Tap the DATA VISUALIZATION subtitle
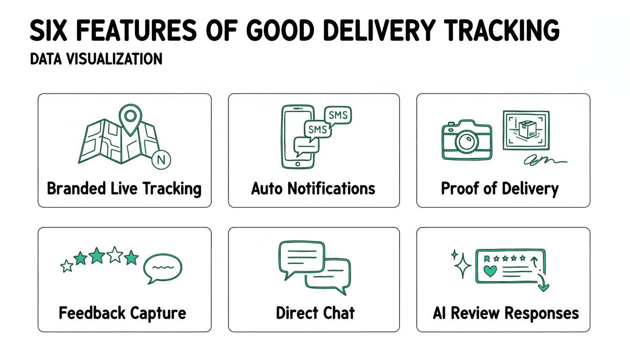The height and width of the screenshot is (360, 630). click(x=96, y=59)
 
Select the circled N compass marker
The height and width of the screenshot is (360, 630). click(x=162, y=159)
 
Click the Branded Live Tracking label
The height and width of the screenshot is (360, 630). click(x=124, y=188)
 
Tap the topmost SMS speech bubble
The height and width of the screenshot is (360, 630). click(x=338, y=115)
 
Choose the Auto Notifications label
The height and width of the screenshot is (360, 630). click(x=313, y=188)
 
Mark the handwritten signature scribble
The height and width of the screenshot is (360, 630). click(x=546, y=161)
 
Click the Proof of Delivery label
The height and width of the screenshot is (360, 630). click(x=500, y=188)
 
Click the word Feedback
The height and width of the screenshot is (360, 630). click(x=86, y=313)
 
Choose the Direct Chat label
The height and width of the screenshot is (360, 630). click(x=315, y=313)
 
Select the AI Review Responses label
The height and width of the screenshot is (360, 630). click(x=505, y=313)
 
